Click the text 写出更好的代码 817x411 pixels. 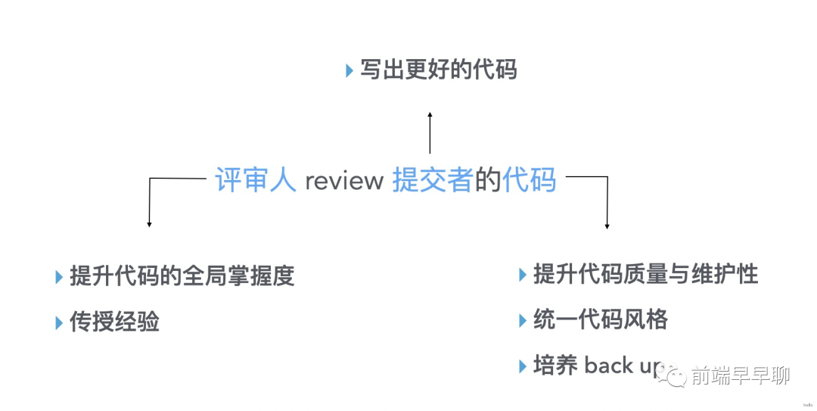(x=439, y=70)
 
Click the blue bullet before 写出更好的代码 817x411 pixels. (x=349, y=70)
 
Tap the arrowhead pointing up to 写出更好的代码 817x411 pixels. (x=430, y=115)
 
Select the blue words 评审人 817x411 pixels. (x=256, y=180)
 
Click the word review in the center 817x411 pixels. (x=344, y=182)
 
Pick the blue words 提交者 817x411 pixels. (x=433, y=180)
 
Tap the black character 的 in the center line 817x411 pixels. (x=488, y=180)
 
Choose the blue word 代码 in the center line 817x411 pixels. (x=529, y=180)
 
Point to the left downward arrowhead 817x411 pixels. (x=149, y=224)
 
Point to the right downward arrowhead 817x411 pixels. (x=607, y=226)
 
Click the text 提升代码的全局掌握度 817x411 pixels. (x=182, y=276)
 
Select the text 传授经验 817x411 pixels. (x=115, y=322)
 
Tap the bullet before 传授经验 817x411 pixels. (x=59, y=323)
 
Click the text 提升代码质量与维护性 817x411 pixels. (x=645, y=274)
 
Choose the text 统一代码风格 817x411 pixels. (x=600, y=319)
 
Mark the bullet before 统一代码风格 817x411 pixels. (x=523, y=320)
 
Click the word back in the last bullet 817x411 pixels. (x=608, y=365)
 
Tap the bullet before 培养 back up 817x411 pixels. (x=523, y=366)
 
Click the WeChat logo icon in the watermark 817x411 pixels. (x=672, y=375)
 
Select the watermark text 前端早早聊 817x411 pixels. (x=741, y=375)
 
